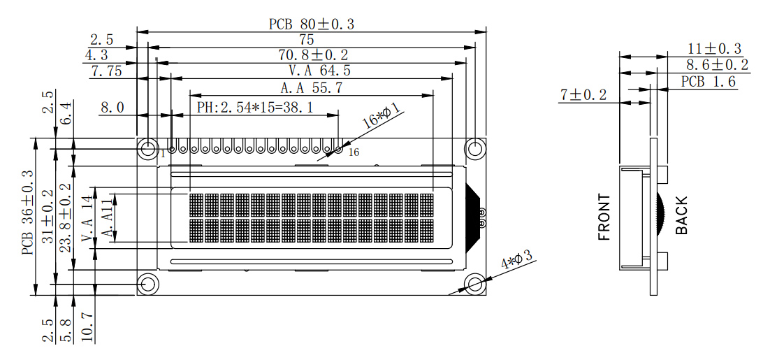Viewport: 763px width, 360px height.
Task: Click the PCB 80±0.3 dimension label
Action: (x=312, y=24)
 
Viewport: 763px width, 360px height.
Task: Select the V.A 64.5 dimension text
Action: (x=320, y=71)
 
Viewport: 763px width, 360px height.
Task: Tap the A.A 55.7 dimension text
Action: (x=312, y=89)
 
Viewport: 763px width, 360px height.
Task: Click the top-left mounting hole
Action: (x=147, y=149)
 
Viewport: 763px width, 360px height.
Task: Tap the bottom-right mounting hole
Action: (x=474, y=284)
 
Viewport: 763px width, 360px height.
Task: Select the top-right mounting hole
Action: (x=474, y=149)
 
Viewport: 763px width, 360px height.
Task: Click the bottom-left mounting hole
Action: (x=147, y=284)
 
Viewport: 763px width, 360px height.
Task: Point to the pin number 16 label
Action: (x=354, y=152)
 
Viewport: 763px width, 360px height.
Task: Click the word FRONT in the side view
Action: (x=604, y=217)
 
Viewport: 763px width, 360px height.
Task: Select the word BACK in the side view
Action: (x=682, y=215)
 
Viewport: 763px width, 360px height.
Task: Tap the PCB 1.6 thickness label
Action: (x=708, y=82)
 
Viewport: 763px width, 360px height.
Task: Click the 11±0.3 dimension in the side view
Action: (x=715, y=49)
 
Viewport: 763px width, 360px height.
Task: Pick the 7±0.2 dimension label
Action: (x=583, y=96)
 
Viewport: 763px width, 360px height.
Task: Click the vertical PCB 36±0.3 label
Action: (x=28, y=213)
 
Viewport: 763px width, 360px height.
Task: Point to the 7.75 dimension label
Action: (x=107, y=72)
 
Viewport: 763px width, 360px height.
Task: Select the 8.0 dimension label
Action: (x=112, y=107)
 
